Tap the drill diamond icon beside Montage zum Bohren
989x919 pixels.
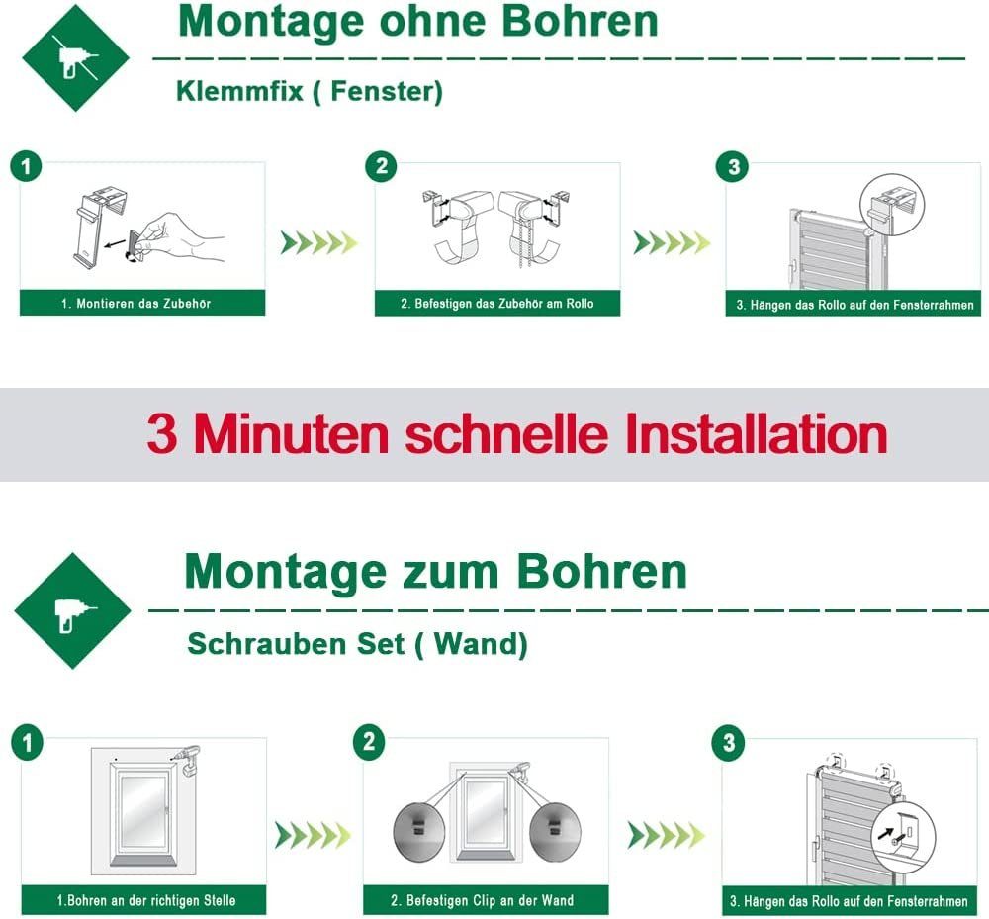(72, 610)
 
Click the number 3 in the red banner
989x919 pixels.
(162, 434)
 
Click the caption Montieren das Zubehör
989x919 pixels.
(143, 304)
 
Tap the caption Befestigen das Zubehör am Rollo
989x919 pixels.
(496, 304)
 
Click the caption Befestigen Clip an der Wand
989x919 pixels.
(484, 900)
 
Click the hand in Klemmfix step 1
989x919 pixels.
(183, 236)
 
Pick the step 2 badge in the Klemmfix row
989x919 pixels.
(382, 166)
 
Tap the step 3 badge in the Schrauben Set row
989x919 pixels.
(729, 743)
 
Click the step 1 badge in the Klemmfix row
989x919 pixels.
(27, 166)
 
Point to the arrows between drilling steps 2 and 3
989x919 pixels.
(665, 836)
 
